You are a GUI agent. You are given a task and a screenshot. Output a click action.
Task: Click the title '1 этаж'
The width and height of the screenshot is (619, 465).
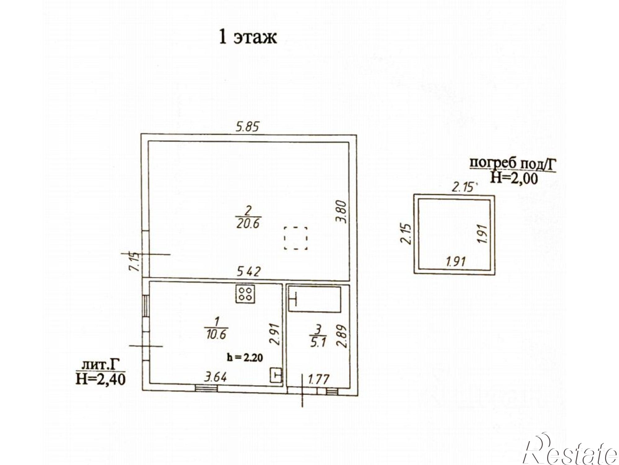pyautogui.click(x=248, y=37)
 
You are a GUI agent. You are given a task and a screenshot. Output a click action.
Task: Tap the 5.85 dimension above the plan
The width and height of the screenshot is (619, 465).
pyautogui.click(x=247, y=127)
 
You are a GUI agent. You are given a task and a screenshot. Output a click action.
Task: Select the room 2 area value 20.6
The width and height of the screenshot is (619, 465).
pyautogui.click(x=248, y=223)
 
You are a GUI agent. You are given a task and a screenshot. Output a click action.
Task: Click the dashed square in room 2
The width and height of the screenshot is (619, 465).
pyautogui.click(x=296, y=238)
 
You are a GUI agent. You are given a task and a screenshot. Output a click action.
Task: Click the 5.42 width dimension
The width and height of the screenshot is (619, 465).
pyautogui.click(x=249, y=272)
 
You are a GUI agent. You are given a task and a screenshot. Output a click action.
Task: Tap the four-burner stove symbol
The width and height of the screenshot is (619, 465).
pyautogui.click(x=245, y=294)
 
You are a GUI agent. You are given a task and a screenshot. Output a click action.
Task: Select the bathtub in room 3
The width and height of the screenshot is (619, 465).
pyautogui.click(x=314, y=299)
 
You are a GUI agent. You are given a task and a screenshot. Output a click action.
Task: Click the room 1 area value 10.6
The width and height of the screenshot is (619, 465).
pyautogui.click(x=216, y=334)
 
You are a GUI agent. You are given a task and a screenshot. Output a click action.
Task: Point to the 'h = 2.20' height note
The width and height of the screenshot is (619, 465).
pyautogui.click(x=245, y=358)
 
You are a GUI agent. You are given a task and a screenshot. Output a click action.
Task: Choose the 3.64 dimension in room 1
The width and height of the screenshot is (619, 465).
pyautogui.click(x=215, y=377)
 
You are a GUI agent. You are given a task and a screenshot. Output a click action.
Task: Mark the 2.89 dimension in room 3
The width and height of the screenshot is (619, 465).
pyautogui.click(x=342, y=336)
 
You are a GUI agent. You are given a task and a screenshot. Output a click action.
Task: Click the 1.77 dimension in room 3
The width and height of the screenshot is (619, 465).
pyautogui.click(x=319, y=379)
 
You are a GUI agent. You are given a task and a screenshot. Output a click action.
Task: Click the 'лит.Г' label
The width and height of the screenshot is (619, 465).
pyautogui.click(x=100, y=365)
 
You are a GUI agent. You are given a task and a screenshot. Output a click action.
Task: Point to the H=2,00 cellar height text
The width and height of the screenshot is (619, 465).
pyautogui.click(x=513, y=178)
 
